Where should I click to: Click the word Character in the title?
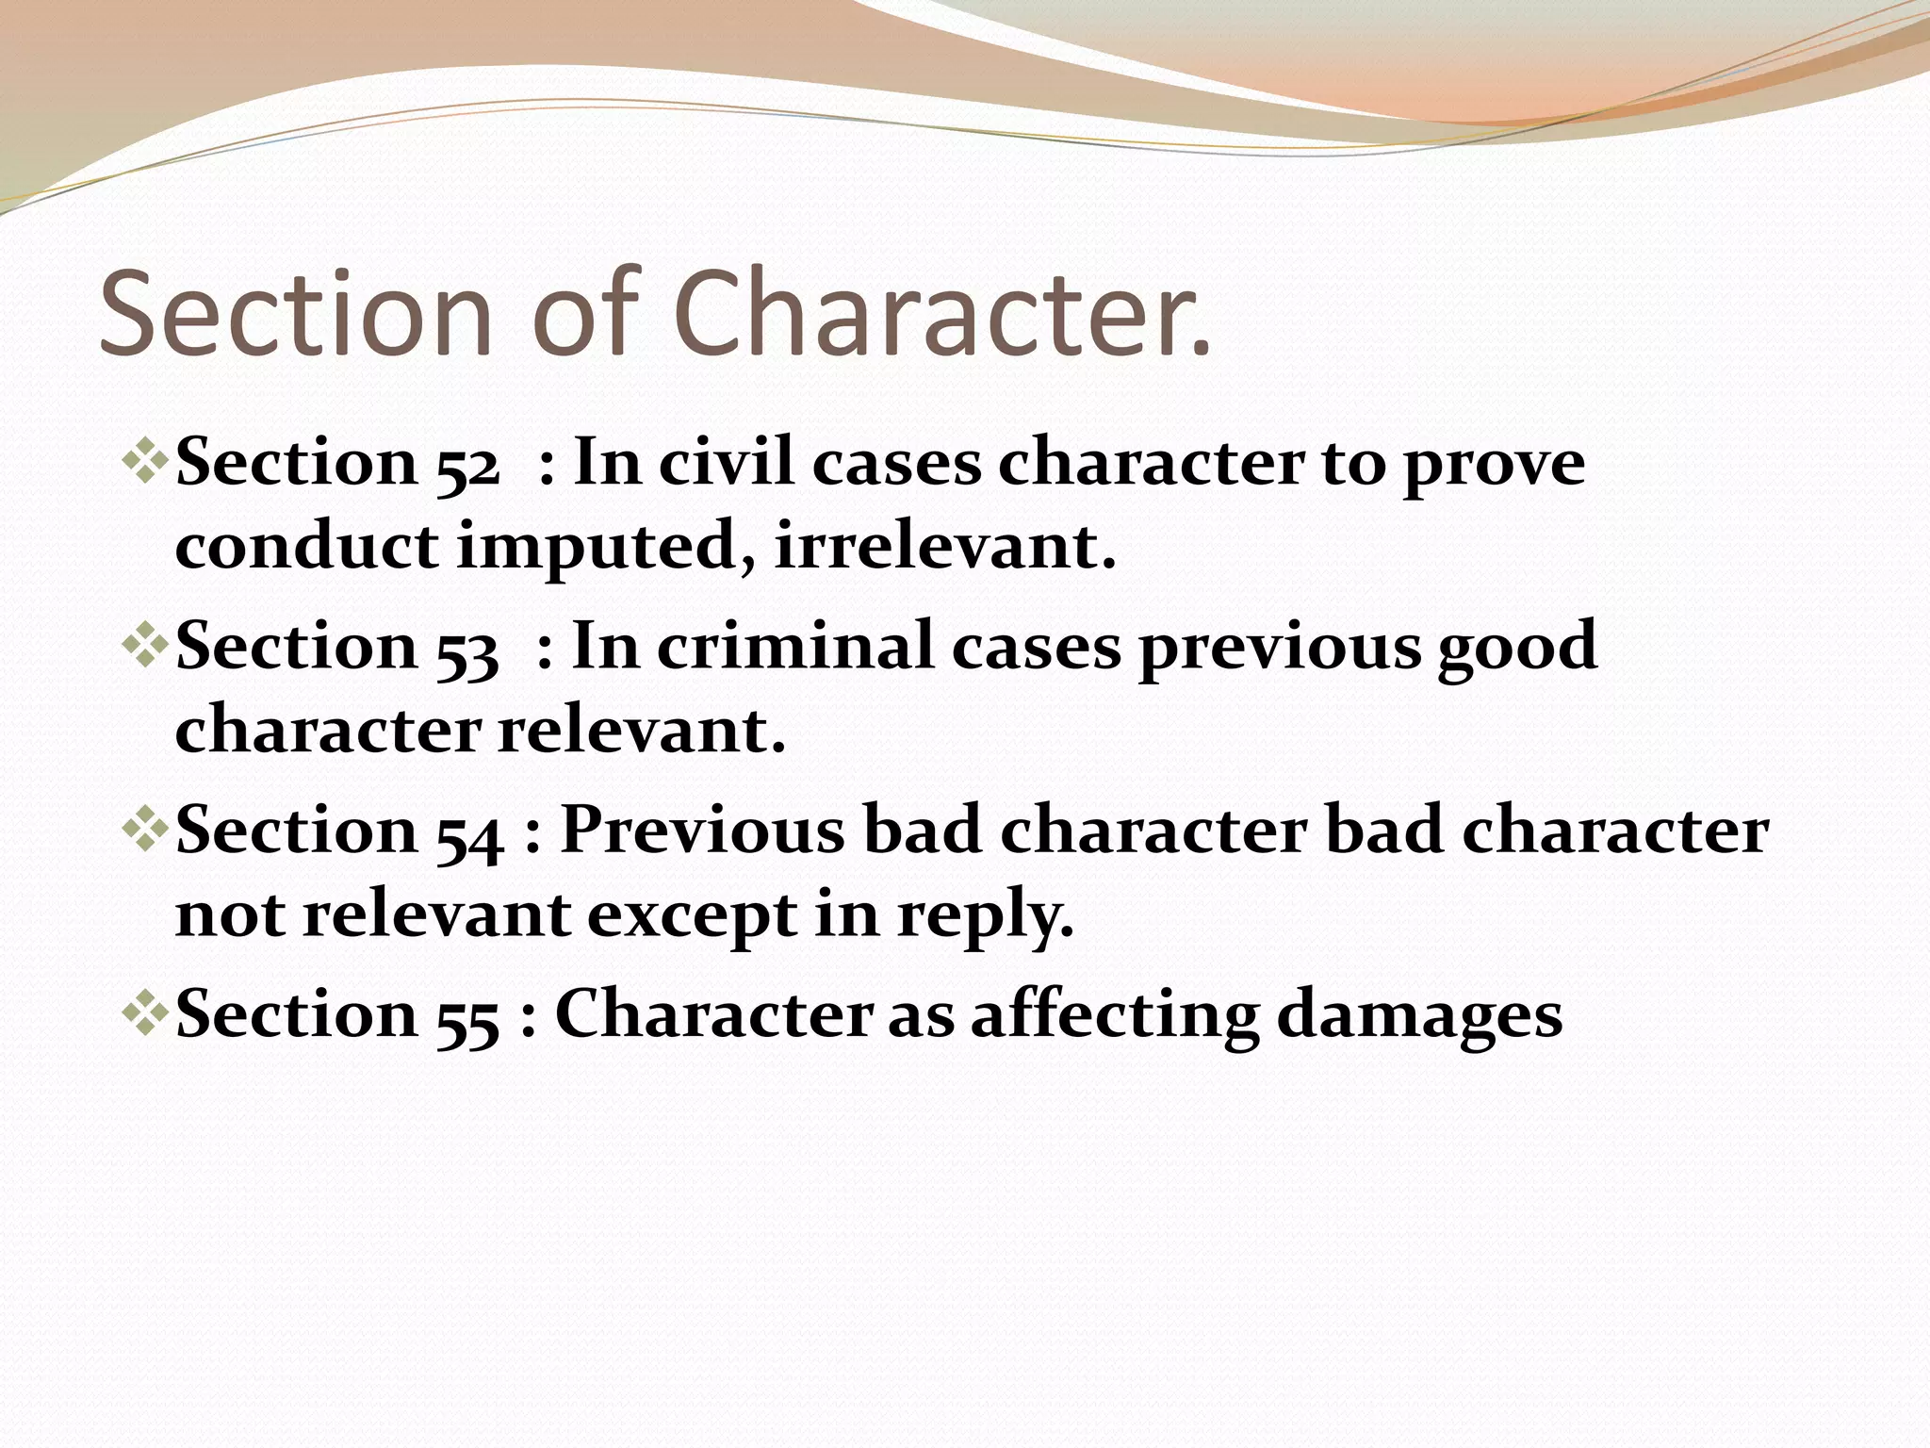(x=942, y=313)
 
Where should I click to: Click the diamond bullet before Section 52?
(x=145, y=462)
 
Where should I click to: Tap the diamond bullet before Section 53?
(x=145, y=646)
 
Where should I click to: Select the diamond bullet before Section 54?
(x=145, y=830)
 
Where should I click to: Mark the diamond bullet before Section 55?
(x=145, y=1013)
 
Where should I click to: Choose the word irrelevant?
(x=945, y=547)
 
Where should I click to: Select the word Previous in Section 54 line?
(x=703, y=831)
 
